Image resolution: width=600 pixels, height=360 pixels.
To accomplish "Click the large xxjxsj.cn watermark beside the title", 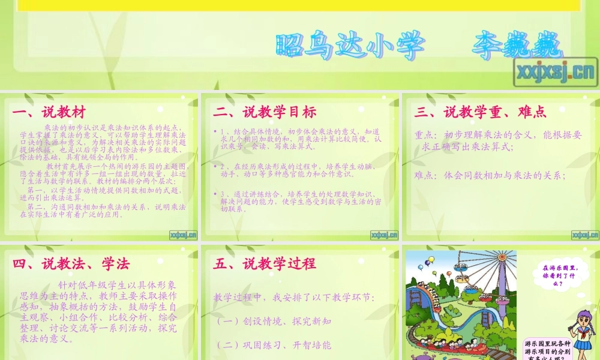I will [x=554, y=72].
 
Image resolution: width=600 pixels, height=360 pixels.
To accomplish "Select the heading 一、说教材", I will [x=49, y=112].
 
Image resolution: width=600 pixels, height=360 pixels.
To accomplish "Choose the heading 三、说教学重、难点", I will [x=480, y=112].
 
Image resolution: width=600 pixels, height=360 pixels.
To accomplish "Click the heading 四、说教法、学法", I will [x=71, y=263].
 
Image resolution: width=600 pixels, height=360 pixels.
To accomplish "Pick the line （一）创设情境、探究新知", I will [x=273, y=322].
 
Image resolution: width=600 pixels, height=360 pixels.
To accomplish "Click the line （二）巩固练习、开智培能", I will [x=273, y=345].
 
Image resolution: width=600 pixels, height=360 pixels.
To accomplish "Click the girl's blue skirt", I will [x=580, y=344].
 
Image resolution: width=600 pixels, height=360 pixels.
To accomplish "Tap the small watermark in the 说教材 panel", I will [x=182, y=235].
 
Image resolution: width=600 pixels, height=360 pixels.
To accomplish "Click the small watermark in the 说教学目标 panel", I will [x=384, y=235].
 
